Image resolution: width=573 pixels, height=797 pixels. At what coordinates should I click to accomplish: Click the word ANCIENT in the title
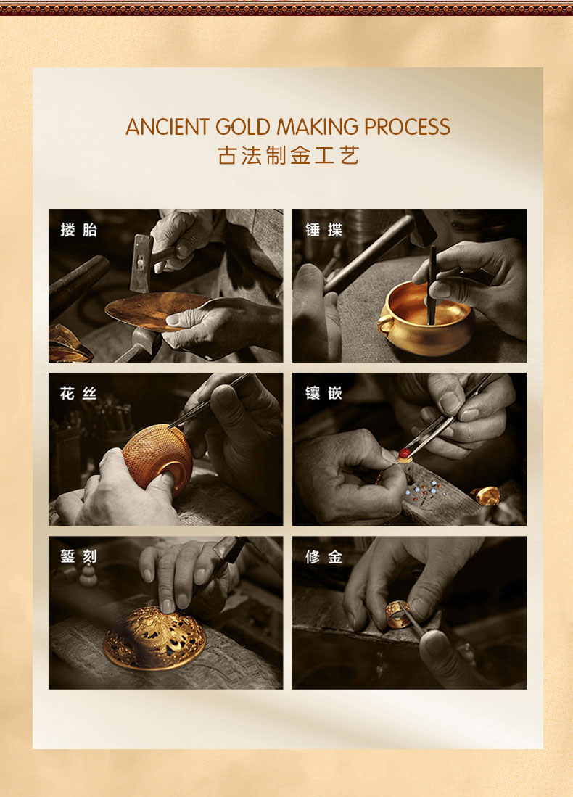(x=168, y=127)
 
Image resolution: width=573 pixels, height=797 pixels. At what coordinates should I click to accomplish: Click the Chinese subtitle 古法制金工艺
(x=288, y=155)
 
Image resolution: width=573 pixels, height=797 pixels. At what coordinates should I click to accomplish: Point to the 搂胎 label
(x=78, y=230)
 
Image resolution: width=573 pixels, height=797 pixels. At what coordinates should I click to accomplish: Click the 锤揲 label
(x=324, y=230)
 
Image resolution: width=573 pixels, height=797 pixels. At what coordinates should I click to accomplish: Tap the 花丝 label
(x=78, y=393)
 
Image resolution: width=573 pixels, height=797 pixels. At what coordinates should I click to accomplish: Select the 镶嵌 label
(x=324, y=393)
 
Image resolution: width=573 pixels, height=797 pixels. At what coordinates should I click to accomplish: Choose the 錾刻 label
(x=78, y=556)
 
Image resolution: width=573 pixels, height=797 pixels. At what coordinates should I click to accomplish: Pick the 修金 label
(x=324, y=556)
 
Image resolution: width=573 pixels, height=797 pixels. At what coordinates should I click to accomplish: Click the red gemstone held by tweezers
(x=405, y=453)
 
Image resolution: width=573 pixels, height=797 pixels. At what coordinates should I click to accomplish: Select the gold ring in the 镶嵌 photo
(x=485, y=495)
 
